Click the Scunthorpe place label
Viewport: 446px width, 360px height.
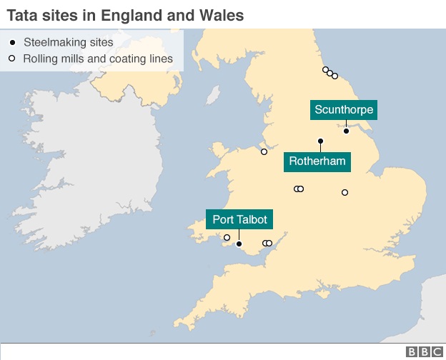point(344,110)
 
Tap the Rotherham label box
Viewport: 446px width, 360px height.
point(317,161)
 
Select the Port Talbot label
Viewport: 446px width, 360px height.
point(239,220)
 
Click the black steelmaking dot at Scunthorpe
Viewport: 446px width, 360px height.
point(346,131)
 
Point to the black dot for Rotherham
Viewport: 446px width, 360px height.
point(320,141)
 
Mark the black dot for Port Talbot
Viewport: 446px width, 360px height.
point(239,244)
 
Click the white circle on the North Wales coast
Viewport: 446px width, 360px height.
point(264,151)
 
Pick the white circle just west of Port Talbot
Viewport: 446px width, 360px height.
point(227,238)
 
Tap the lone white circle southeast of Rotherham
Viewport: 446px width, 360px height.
point(345,192)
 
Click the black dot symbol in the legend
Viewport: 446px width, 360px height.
point(12,42)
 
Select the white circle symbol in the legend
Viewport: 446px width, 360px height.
point(12,59)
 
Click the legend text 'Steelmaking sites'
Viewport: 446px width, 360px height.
point(68,42)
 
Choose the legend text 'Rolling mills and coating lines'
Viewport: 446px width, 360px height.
point(98,59)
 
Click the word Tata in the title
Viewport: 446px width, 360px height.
point(21,14)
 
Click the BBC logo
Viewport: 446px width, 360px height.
point(423,352)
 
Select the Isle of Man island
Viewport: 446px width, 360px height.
point(213,95)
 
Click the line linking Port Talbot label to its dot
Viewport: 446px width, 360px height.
point(239,236)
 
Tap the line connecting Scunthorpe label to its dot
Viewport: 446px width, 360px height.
point(346,124)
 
